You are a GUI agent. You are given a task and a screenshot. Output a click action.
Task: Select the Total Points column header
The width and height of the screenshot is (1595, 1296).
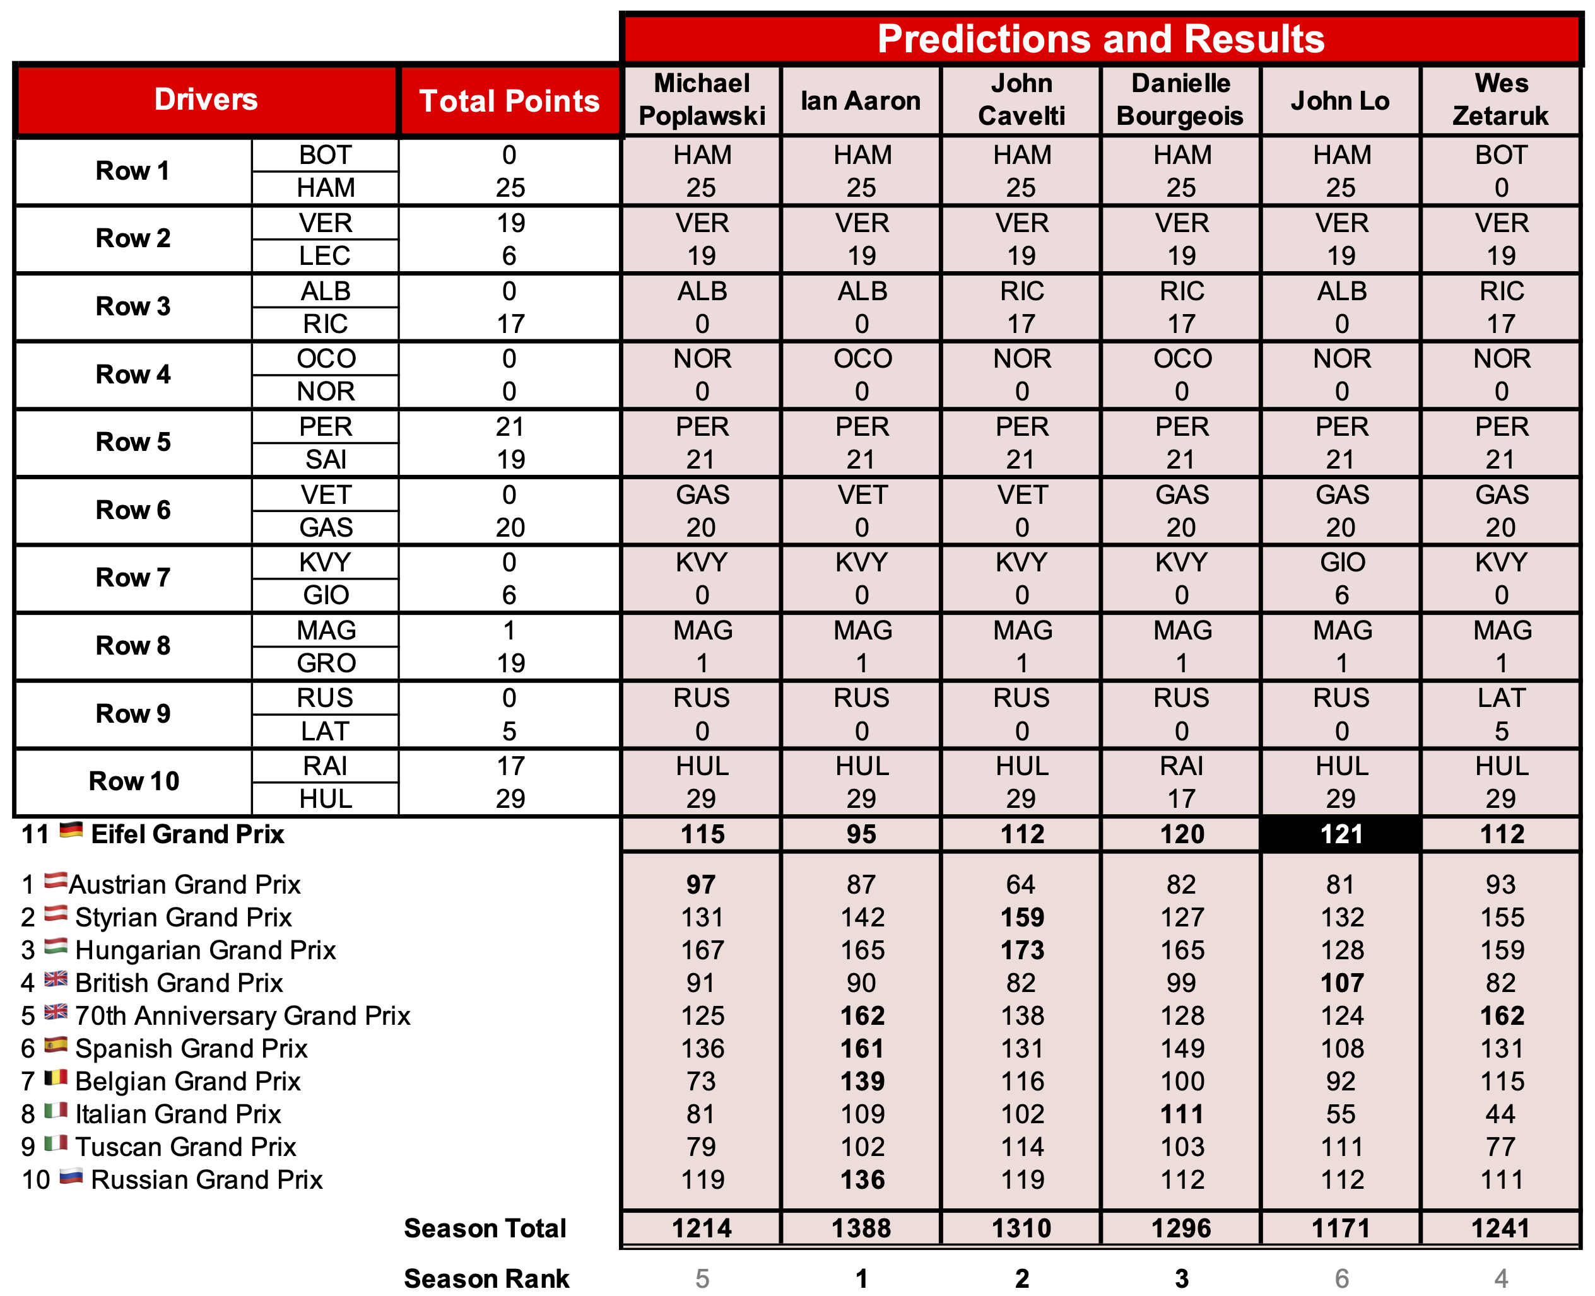(509, 101)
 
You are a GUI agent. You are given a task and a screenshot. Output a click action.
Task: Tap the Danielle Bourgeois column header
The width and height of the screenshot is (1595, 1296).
(1180, 100)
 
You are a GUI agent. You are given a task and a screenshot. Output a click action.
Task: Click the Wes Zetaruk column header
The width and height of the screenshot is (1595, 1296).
(1501, 100)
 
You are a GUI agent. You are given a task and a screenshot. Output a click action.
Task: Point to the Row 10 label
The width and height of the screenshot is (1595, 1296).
(134, 781)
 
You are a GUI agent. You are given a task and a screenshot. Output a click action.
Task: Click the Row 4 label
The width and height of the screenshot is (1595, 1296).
(134, 374)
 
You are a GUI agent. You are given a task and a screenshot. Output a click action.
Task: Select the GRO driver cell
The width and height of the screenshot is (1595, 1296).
(326, 663)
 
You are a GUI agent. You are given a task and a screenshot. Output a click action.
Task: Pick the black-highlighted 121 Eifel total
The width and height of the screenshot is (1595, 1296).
(1341, 834)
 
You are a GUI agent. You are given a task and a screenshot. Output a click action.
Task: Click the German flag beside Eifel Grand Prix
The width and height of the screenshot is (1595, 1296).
(71, 830)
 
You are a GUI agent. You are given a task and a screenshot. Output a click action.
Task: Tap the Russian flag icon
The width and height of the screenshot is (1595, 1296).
(71, 1177)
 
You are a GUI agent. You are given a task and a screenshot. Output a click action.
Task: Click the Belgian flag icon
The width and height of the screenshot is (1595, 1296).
(56, 1078)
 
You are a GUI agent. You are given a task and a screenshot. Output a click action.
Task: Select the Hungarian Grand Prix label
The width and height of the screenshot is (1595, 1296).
(205, 950)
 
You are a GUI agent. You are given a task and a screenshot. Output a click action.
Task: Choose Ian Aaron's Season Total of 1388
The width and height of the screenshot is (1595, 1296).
(861, 1228)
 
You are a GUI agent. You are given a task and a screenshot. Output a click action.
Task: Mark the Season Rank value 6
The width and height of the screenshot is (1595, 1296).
(1341, 1278)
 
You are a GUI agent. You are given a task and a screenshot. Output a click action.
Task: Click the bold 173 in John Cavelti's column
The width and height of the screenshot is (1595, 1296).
(1021, 950)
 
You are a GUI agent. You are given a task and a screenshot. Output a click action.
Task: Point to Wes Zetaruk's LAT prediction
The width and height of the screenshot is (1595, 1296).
(1501, 698)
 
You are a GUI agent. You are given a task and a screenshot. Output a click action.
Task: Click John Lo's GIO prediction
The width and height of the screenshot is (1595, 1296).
(1341, 562)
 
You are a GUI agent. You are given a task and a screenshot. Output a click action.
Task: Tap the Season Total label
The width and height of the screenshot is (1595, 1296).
(485, 1228)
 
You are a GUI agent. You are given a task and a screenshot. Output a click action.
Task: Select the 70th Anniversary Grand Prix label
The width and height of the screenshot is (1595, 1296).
(243, 1016)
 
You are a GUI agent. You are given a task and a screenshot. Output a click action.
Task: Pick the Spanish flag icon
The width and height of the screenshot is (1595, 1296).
(56, 1045)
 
